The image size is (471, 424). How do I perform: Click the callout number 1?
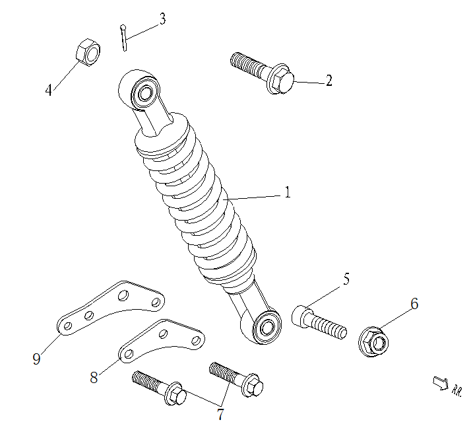click(288, 192)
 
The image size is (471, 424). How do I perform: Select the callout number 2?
click(329, 81)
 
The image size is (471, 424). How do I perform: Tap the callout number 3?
click(162, 18)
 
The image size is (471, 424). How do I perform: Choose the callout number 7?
click(219, 414)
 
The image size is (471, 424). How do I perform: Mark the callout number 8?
click(94, 377)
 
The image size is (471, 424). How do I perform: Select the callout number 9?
click(36, 359)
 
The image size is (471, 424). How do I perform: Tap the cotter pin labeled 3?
click(124, 36)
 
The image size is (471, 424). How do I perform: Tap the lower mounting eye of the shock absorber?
click(266, 326)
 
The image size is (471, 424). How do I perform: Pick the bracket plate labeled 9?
click(109, 306)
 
